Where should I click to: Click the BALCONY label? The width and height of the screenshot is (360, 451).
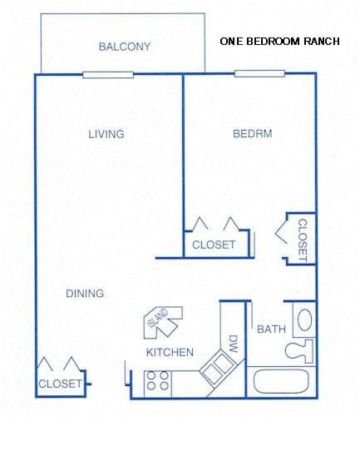pyautogui.click(x=124, y=47)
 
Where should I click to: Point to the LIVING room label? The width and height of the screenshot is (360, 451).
pyautogui.click(x=106, y=134)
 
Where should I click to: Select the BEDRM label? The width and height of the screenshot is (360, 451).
pyautogui.click(x=254, y=133)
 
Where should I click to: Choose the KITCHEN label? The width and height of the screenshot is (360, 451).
pyautogui.click(x=170, y=352)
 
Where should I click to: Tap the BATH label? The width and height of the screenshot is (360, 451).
pyautogui.click(x=270, y=330)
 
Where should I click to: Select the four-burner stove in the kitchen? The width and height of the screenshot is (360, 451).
pyautogui.click(x=158, y=381)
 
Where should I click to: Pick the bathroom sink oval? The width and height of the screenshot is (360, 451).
pyautogui.click(x=304, y=320)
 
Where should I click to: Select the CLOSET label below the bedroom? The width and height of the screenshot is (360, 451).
pyautogui.click(x=214, y=245)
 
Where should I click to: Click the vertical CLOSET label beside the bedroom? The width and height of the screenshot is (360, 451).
pyautogui.click(x=303, y=240)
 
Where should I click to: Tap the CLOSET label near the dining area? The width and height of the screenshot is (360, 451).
pyautogui.click(x=60, y=384)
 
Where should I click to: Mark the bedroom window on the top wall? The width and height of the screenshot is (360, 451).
pyautogui.click(x=254, y=74)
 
